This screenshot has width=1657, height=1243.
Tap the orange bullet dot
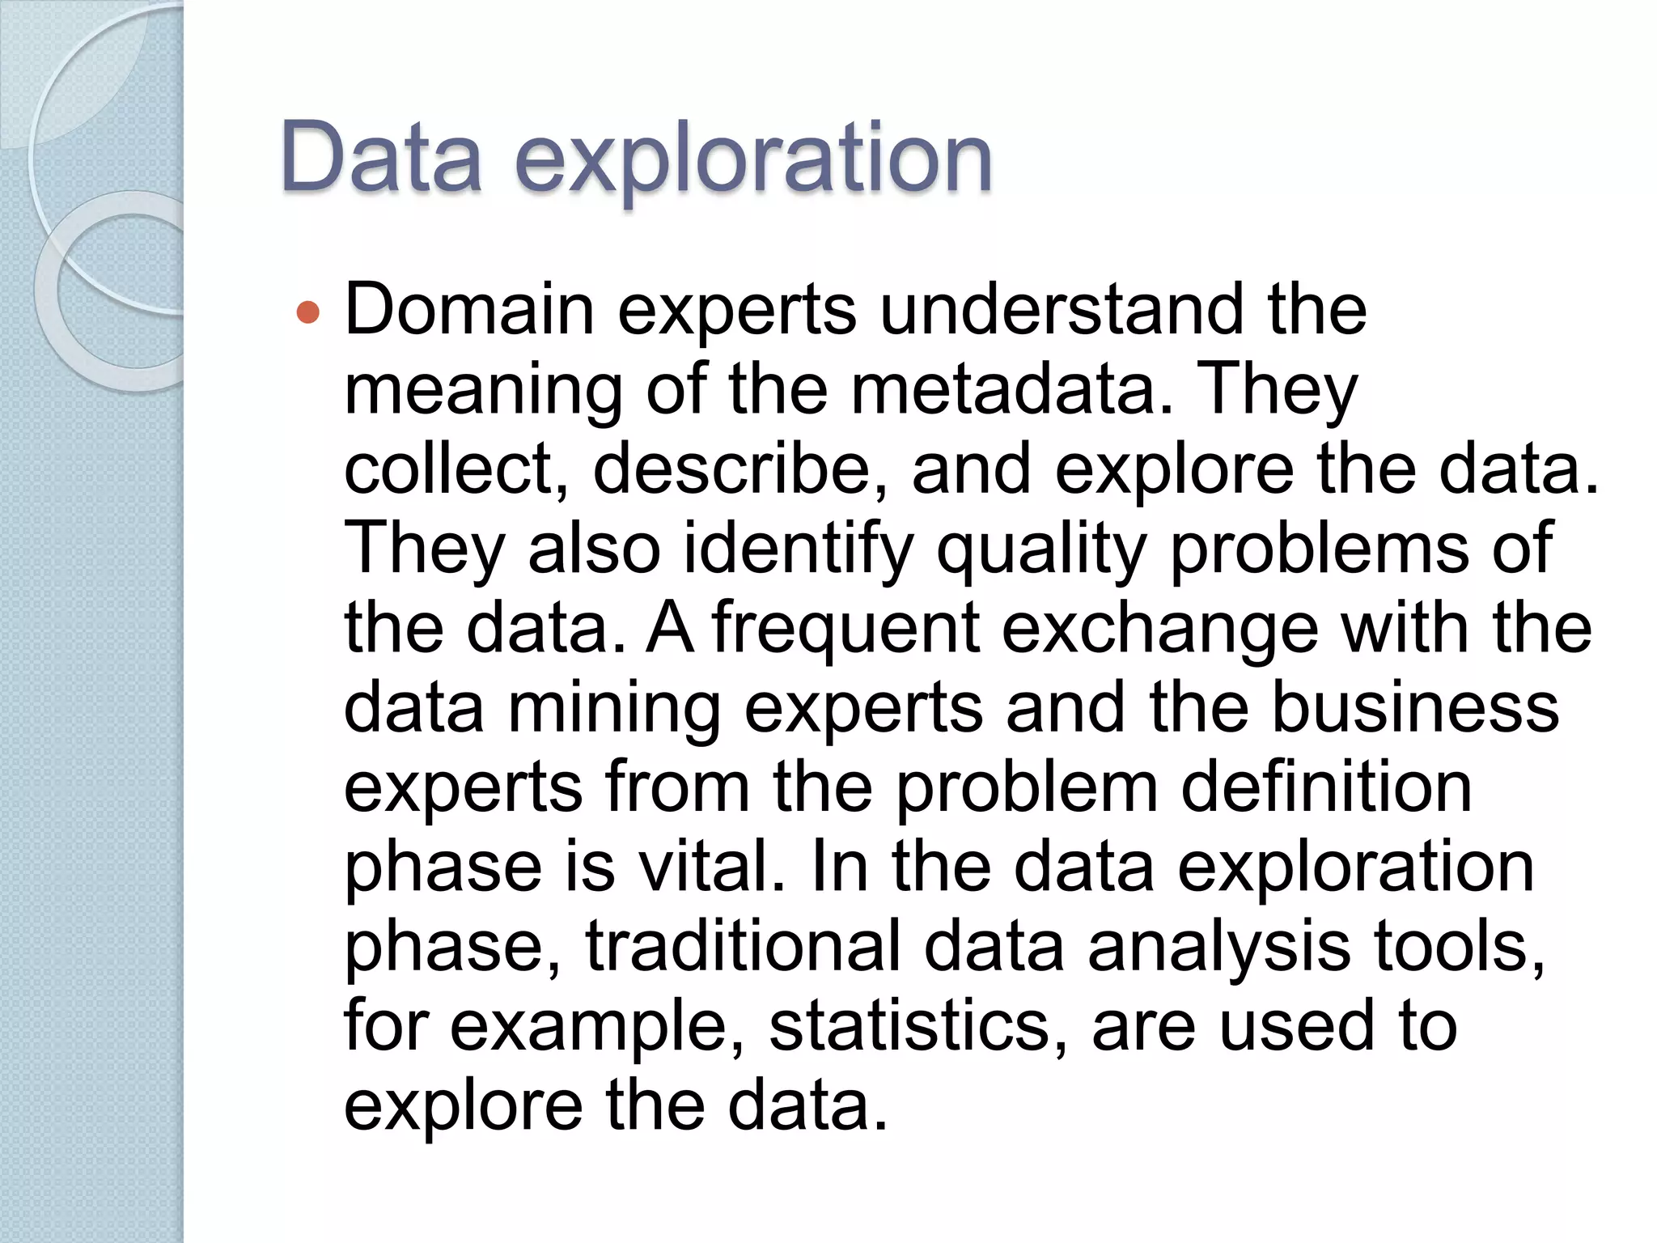(308, 312)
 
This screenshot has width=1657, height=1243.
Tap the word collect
(456, 469)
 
